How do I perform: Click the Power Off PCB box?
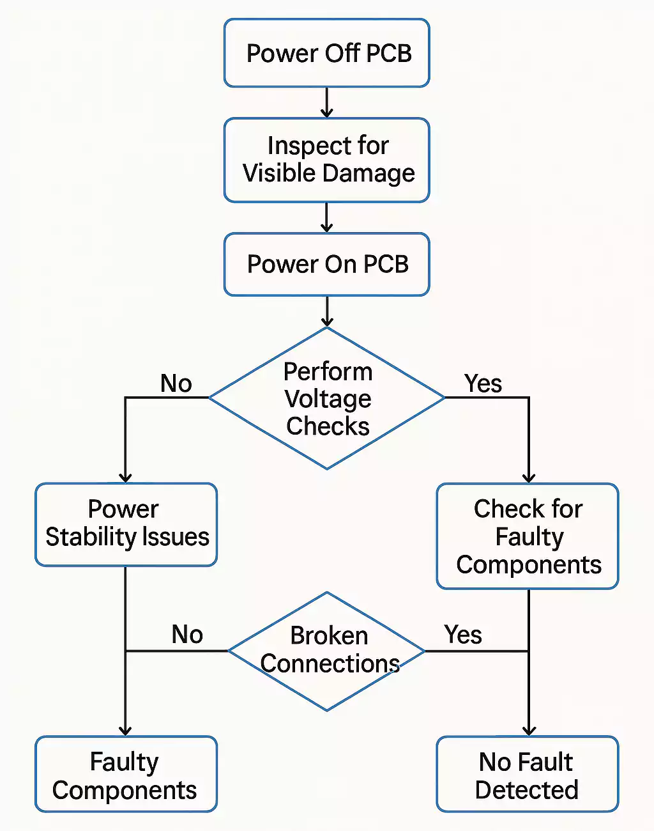(326, 53)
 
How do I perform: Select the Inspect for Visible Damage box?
(326, 160)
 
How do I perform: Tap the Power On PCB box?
(326, 264)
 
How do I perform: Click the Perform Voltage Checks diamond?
(326, 398)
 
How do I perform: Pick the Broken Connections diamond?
(326, 651)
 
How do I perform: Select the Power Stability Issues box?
(126, 524)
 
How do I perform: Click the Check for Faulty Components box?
(528, 536)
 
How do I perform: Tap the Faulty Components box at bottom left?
(126, 774)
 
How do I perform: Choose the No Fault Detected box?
(528, 774)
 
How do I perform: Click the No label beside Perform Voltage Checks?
(176, 384)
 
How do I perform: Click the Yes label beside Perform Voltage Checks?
(483, 384)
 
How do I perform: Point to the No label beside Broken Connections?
(187, 635)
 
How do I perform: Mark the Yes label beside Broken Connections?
(463, 635)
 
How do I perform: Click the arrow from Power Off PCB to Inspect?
(326, 103)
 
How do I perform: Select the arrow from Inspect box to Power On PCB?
(326, 218)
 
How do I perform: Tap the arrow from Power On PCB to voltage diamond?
(326, 312)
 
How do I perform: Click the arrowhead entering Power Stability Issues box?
(125, 477)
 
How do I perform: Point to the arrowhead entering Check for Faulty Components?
(529, 477)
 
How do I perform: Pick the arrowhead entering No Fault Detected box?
(529, 730)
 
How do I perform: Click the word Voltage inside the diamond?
(328, 399)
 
